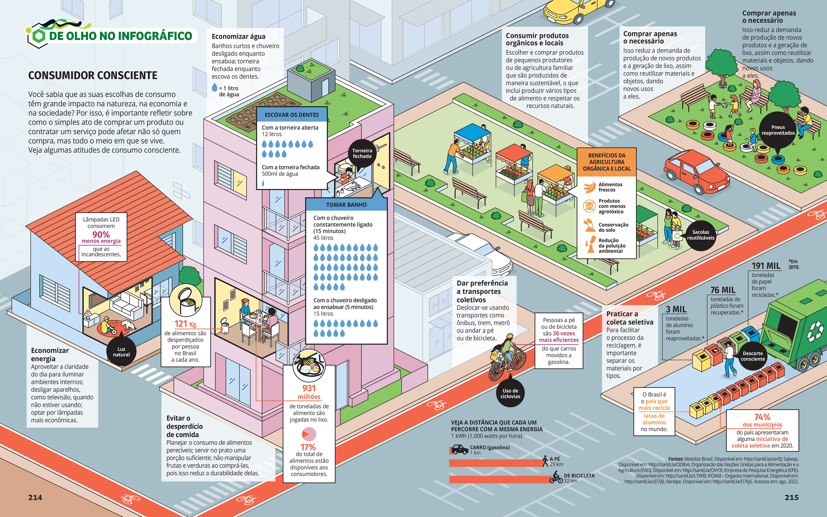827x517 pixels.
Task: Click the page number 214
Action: coord(35,498)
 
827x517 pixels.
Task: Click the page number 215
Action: coord(791,498)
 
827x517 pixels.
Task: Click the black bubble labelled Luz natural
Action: coord(121,352)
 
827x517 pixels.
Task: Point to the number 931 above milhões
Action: coord(309,388)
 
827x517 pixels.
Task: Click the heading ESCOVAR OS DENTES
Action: coord(292,115)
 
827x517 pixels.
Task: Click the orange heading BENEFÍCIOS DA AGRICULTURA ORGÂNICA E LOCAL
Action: coord(607,162)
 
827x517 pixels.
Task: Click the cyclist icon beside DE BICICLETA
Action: coord(556,477)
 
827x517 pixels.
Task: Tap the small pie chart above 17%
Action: coord(309,434)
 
